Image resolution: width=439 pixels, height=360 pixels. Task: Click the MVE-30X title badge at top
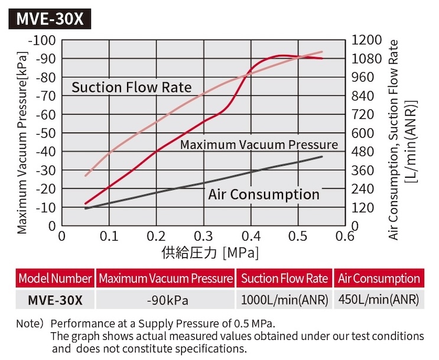point(50,19)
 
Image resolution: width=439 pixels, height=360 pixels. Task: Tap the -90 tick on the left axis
point(45,59)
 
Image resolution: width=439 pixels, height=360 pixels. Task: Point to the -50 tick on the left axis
point(45,134)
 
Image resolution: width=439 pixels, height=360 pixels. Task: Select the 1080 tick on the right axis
point(366,59)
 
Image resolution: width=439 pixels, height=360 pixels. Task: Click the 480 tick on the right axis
point(363,152)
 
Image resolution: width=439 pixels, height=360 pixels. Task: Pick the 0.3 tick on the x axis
point(203,236)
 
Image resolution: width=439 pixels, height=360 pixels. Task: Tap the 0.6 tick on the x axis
point(345,236)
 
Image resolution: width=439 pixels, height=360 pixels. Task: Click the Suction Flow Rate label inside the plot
point(132,87)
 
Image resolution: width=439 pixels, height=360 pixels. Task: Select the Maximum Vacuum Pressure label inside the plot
point(259,145)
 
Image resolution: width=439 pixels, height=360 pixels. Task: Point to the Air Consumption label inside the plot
point(264,194)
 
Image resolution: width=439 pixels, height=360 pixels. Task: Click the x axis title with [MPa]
point(210,252)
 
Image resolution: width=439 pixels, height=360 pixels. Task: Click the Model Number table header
point(55,278)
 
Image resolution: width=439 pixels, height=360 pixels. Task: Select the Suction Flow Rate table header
point(284,278)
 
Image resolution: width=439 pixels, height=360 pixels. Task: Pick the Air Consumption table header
point(379,278)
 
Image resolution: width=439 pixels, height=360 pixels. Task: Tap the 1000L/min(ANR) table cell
point(284,300)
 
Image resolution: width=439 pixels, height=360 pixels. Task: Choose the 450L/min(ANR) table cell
point(379,300)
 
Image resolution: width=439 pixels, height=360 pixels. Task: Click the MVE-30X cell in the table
point(56,300)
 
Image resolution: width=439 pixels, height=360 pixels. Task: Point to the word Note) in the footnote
point(30,324)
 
